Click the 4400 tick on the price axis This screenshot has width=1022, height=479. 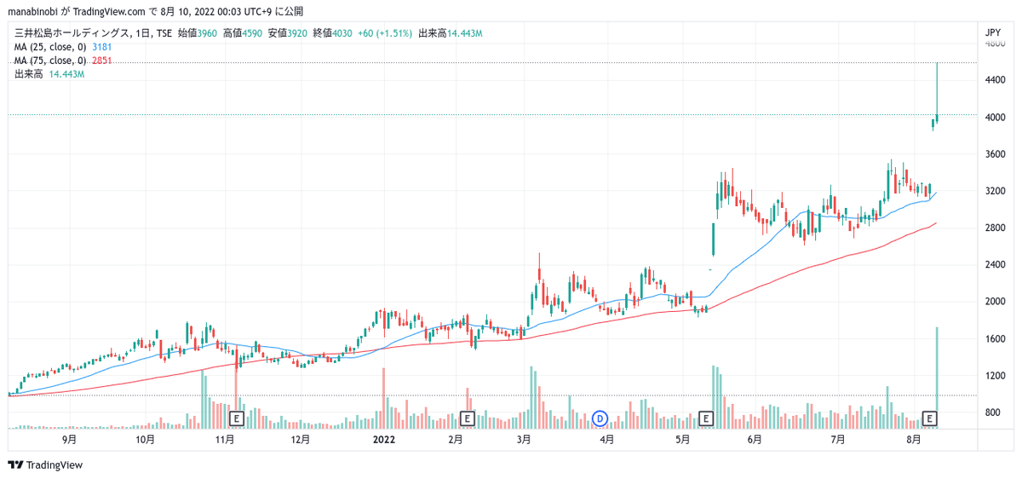993,80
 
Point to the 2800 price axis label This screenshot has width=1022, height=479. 993,228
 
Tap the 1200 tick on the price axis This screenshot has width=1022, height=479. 993,376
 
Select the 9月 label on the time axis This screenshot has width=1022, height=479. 70,440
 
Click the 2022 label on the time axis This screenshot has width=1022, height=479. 384,440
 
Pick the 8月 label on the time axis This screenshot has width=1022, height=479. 914,440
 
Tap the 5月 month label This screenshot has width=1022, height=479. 681,440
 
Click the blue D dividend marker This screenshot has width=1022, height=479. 600,418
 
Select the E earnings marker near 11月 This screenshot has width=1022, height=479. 238,418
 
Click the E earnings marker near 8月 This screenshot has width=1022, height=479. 930,418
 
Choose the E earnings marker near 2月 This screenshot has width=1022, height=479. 467,418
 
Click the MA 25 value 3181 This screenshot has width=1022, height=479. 101,47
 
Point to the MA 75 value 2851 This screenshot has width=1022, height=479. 101,61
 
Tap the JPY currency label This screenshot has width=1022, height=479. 992,33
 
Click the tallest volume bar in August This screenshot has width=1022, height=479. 937,375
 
